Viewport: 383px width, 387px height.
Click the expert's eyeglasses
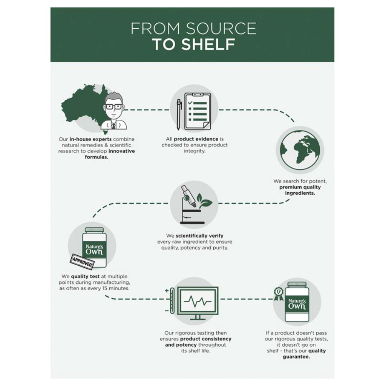(x=114, y=107)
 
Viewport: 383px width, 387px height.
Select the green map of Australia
(x=84, y=106)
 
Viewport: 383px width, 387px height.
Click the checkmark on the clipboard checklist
(x=190, y=102)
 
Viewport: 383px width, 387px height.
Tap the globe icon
(x=300, y=150)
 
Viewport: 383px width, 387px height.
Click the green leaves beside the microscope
(x=204, y=200)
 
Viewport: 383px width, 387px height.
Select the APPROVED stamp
(x=82, y=262)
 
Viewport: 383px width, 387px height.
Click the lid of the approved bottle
(x=94, y=230)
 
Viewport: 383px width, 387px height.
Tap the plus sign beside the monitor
(x=167, y=291)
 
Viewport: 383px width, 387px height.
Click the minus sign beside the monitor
(x=167, y=311)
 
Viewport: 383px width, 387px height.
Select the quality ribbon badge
(x=279, y=294)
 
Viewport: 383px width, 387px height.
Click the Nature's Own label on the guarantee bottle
(x=297, y=304)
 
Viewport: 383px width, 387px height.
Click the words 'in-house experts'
(x=90, y=139)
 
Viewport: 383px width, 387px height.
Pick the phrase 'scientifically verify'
(x=199, y=236)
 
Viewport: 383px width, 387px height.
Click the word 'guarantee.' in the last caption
(x=296, y=357)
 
